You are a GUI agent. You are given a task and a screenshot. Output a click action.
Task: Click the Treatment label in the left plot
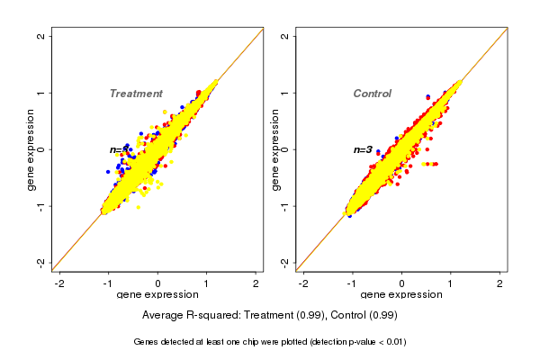[x=136, y=94]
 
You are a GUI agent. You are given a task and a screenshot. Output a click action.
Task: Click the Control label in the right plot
[x=372, y=94]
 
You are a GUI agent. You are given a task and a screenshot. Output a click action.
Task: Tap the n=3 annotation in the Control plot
[x=363, y=149]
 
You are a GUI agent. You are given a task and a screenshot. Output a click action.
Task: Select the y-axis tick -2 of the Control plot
[x=285, y=262]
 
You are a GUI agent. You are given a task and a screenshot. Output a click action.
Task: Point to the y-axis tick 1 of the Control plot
[x=285, y=93]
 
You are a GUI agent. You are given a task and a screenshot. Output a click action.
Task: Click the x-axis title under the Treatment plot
[x=157, y=294]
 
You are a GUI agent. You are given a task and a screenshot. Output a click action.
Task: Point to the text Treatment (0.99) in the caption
[x=284, y=315]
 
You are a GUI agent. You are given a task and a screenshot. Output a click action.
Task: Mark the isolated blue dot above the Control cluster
[x=427, y=96]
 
